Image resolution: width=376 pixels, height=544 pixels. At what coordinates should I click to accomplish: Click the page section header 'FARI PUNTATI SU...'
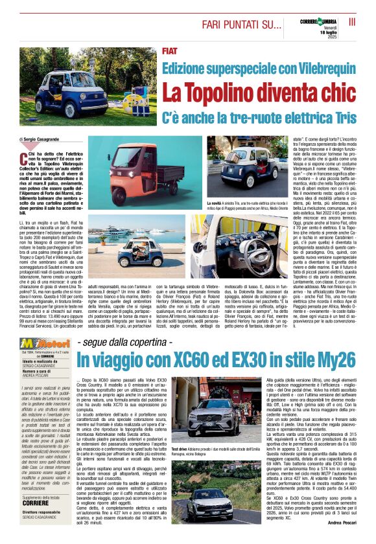[x=233, y=25]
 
